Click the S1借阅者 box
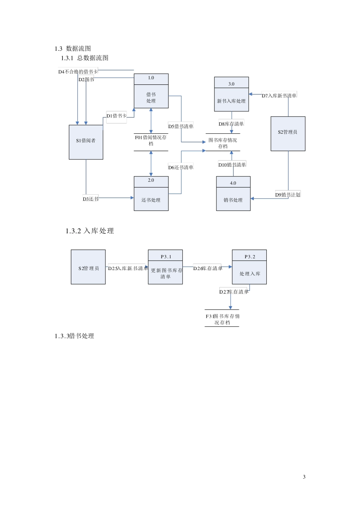(86, 142)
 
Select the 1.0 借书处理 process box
(151, 91)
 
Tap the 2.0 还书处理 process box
(151, 194)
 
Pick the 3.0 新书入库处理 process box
(231, 94)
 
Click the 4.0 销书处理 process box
(233, 194)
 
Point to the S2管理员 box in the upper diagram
(288, 134)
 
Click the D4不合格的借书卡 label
(78, 72)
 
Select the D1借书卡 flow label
(116, 116)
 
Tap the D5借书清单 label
(181, 126)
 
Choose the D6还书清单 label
(181, 167)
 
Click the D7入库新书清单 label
(279, 95)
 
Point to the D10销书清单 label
(232, 164)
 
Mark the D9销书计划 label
(288, 195)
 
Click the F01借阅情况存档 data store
(151, 141)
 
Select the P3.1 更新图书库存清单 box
(165, 267)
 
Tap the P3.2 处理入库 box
(249, 267)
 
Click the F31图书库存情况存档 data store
(222, 319)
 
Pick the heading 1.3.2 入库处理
(90, 231)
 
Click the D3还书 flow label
(91, 199)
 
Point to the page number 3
(304, 477)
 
